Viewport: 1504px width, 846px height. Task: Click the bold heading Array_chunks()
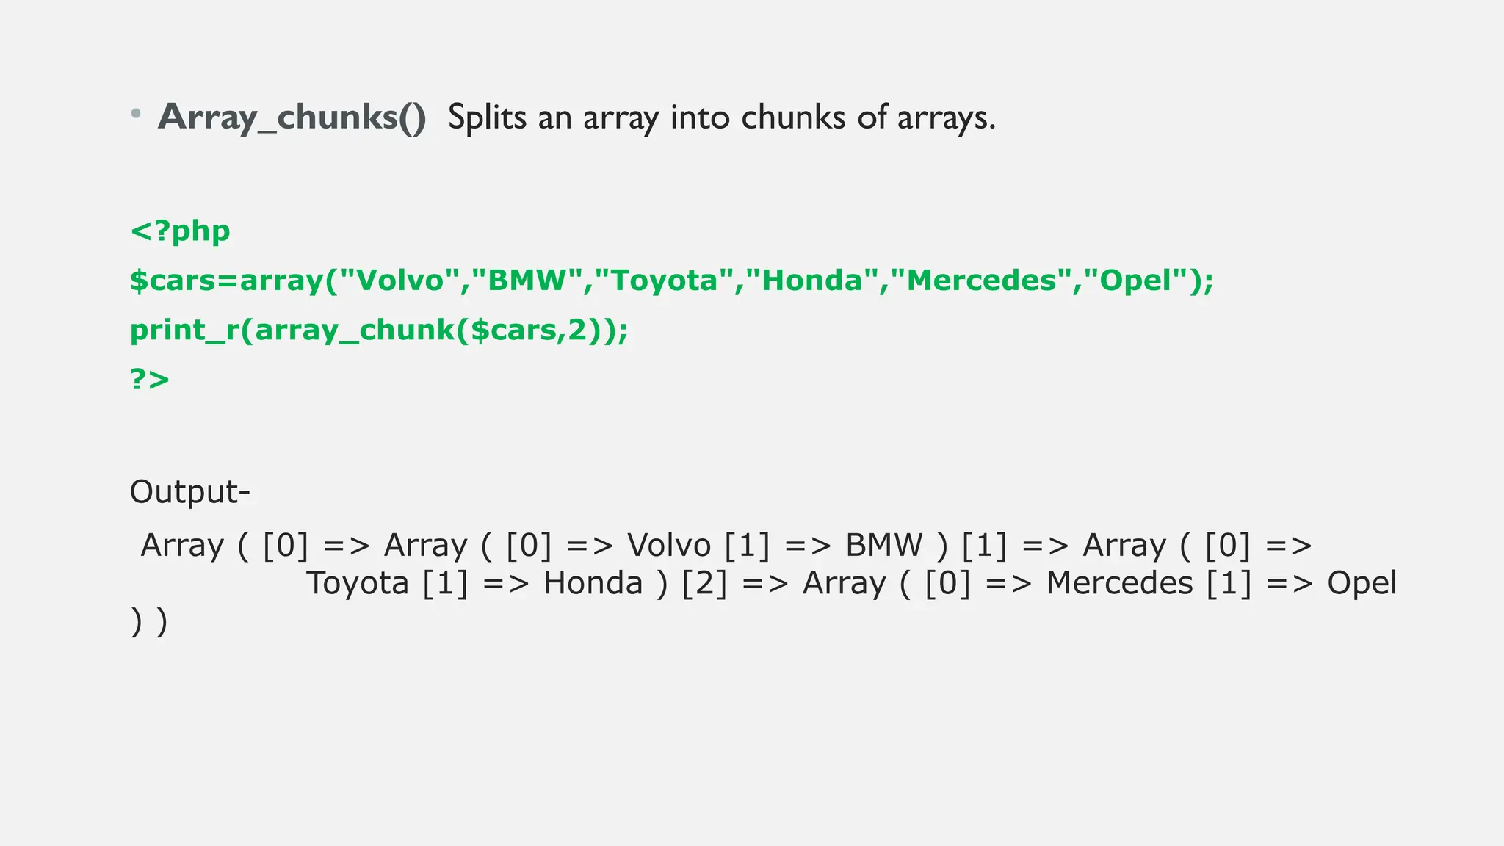click(292, 117)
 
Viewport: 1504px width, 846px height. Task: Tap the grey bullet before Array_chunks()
click(136, 114)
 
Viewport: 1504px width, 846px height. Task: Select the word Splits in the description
click(487, 117)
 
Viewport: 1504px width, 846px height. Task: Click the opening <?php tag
click(180, 231)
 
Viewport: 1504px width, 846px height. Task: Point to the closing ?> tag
click(150, 380)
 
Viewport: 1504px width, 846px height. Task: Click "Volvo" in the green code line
click(399, 281)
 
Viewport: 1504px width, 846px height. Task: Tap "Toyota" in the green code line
click(663, 281)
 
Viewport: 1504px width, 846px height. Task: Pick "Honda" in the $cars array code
click(811, 281)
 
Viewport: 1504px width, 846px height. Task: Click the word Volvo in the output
click(669, 546)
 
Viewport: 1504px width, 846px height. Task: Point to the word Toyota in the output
click(357, 584)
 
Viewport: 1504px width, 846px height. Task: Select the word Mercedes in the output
click(1119, 584)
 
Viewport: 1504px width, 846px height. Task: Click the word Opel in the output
click(1362, 584)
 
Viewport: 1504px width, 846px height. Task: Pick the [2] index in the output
click(704, 584)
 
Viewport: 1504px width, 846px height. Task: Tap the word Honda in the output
click(593, 584)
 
